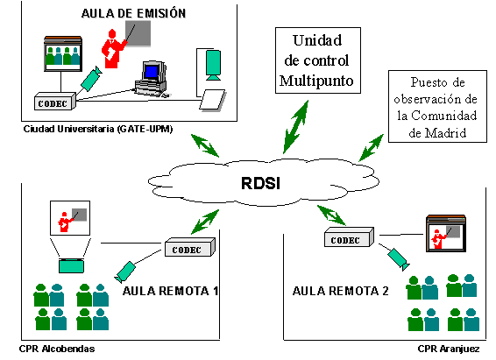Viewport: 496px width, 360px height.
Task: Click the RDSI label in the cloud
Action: click(x=260, y=183)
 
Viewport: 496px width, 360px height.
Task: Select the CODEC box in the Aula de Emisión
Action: click(x=55, y=101)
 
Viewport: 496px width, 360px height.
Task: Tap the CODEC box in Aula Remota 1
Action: click(x=190, y=247)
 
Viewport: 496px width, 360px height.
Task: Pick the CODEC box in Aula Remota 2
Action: click(x=349, y=237)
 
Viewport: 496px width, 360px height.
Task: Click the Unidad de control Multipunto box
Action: click(x=318, y=60)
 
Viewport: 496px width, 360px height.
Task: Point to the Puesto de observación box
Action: click(x=437, y=107)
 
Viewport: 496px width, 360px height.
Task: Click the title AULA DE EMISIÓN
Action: click(x=133, y=14)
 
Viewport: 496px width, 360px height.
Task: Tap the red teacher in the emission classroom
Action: click(x=114, y=48)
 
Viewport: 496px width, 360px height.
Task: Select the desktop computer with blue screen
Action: click(x=152, y=78)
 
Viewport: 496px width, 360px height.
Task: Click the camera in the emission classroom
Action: click(x=91, y=78)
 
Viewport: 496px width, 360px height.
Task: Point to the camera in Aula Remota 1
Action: click(x=124, y=272)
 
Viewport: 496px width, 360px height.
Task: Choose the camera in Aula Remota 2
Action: click(x=399, y=259)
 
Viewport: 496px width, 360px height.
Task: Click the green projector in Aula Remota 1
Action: click(x=71, y=265)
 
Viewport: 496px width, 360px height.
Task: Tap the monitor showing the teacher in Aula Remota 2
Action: click(x=446, y=233)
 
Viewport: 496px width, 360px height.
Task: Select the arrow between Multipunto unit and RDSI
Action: click(x=296, y=127)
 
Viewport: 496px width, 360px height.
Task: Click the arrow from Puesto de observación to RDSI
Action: click(x=371, y=148)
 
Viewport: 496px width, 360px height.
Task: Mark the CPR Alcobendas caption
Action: click(x=57, y=349)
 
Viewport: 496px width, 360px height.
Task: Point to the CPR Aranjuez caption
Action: click(x=448, y=349)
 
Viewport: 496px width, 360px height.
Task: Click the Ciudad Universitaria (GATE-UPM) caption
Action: click(x=98, y=129)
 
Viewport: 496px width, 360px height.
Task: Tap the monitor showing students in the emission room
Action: click(x=63, y=53)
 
